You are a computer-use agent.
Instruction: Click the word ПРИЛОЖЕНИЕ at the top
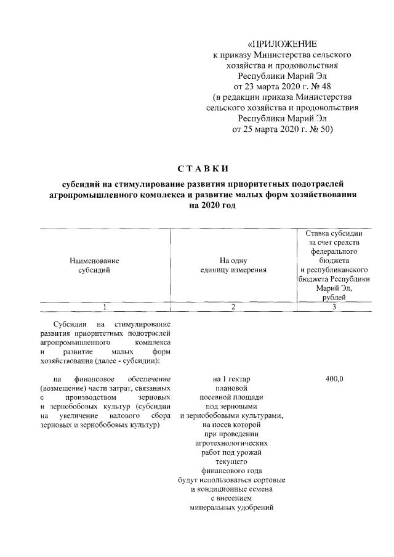coord(284,44)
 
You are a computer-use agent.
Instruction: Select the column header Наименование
coord(95,261)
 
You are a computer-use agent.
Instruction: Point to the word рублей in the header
coord(333,298)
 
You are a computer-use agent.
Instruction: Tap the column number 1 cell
coord(105,307)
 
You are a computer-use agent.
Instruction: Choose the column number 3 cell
coord(333,307)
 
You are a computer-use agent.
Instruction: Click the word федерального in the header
coord(333,251)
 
